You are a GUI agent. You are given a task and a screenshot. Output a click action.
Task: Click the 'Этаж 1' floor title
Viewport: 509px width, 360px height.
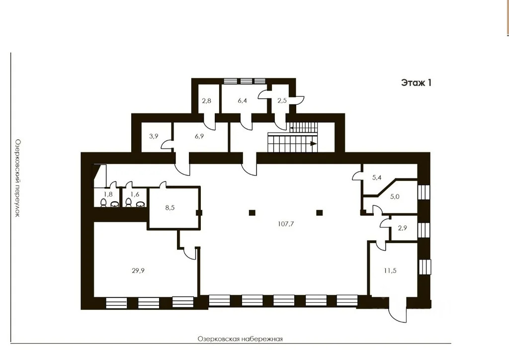pos(416,83)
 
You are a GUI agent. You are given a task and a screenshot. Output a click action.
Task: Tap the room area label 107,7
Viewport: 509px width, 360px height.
pos(286,224)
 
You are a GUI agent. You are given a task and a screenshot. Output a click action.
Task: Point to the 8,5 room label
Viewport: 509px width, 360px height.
pos(170,208)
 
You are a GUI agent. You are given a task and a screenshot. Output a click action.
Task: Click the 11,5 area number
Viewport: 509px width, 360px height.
pos(390,270)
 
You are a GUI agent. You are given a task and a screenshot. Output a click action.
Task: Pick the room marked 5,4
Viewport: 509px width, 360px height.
pos(377,178)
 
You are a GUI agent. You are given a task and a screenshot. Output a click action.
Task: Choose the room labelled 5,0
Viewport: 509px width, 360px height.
pos(395,197)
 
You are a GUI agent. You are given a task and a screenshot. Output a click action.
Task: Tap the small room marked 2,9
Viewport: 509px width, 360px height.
pos(403,228)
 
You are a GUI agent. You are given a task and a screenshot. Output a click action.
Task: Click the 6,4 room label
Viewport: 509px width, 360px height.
pos(242,100)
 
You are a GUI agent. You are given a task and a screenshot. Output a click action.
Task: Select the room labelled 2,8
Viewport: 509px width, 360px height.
pos(206,100)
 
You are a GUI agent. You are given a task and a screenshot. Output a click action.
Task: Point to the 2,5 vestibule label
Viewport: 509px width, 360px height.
pos(282,100)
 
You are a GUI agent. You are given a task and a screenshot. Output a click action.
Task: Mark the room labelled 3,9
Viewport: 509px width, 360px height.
pos(154,136)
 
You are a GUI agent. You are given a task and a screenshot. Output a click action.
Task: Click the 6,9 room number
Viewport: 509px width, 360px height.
pos(199,136)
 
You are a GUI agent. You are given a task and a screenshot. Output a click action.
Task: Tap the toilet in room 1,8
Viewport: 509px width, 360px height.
pos(103,203)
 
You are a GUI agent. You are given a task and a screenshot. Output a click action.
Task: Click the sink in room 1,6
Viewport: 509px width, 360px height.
pos(140,204)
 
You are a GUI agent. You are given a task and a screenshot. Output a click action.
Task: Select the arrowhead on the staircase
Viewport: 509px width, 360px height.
pos(314,144)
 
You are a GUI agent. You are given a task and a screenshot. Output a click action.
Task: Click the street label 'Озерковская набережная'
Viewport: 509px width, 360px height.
pos(240,339)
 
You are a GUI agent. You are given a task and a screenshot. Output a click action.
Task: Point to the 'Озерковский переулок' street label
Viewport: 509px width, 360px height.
pos(17,178)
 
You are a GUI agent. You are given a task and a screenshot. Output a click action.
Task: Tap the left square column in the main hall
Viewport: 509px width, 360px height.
pos(252,213)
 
